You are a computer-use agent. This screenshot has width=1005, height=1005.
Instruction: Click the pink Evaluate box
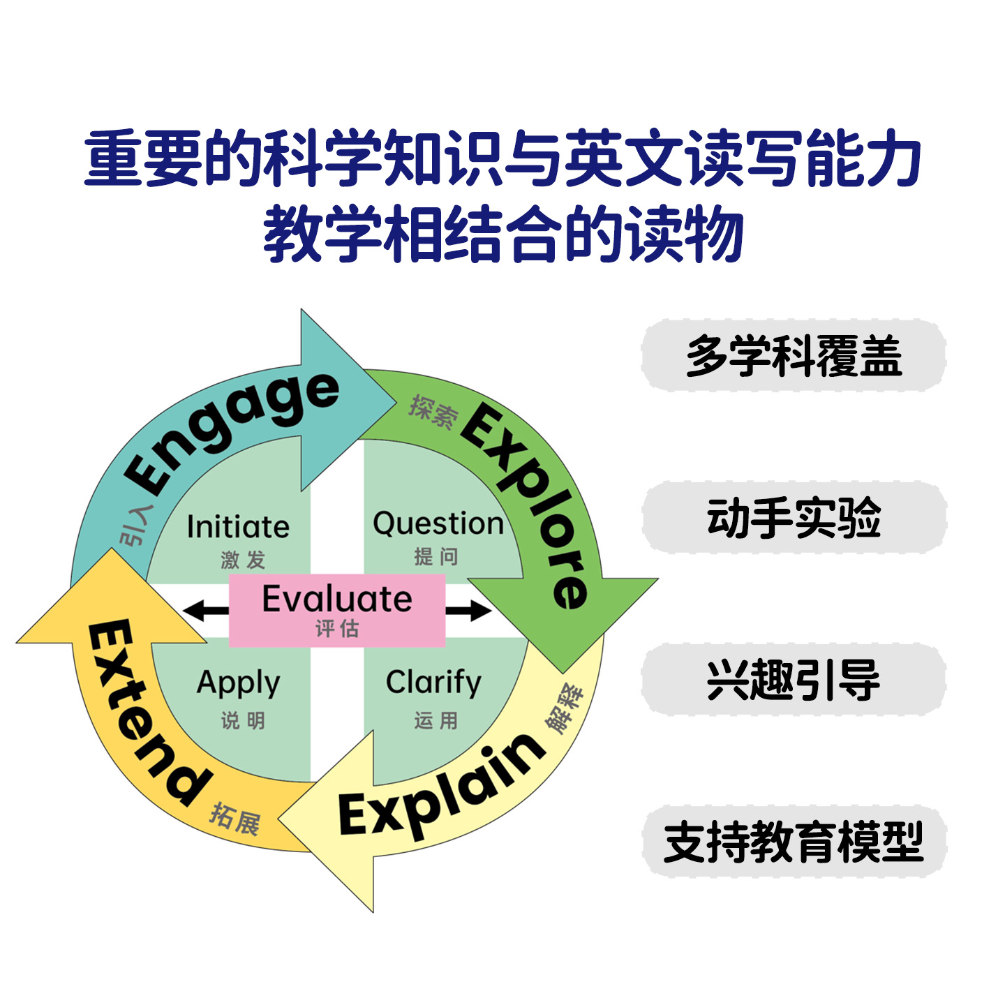pyautogui.click(x=337, y=610)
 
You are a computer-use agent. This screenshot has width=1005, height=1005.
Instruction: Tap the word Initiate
pyautogui.click(x=238, y=527)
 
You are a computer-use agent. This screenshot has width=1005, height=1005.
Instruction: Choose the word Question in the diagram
pyautogui.click(x=438, y=523)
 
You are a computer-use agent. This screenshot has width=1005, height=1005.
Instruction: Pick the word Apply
pyautogui.click(x=239, y=683)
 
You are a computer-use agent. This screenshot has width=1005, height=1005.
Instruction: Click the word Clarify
pyautogui.click(x=433, y=682)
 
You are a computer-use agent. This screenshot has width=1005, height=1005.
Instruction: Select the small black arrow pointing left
pyautogui.click(x=205, y=611)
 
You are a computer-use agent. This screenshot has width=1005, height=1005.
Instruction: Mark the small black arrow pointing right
pyautogui.click(x=469, y=611)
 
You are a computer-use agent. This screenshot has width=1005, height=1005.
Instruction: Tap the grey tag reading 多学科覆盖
pyautogui.click(x=794, y=356)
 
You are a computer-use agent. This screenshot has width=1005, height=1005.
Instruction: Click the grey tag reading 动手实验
pyautogui.click(x=794, y=518)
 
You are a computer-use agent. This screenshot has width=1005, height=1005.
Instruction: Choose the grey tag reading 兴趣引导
pyautogui.click(x=794, y=680)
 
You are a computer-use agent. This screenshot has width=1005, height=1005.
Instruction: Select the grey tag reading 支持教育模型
pyautogui.click(x=794, y=842)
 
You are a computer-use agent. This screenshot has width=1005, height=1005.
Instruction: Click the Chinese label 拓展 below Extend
pyautogui.click(x=236, y=819)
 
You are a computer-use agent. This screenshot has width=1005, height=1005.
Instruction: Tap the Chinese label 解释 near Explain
pyautogui.click(x=567, y=708)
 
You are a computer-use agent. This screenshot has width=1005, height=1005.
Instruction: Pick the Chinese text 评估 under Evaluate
pyautogui.click(x=337, y=629)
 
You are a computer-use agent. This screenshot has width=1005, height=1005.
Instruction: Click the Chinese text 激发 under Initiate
pyautogui.click(x=243, y=560)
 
